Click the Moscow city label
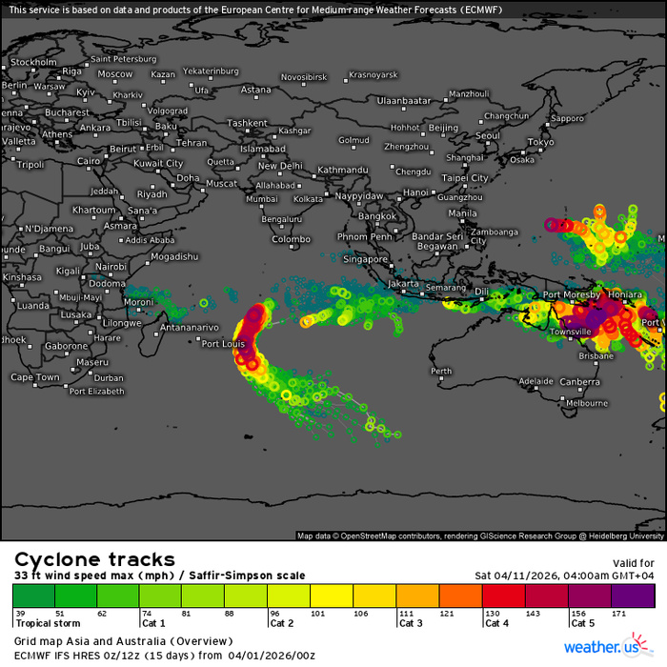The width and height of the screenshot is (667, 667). click(115, 74)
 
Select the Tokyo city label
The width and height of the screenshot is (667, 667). click(540, 143)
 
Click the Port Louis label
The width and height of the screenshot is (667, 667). click(224, 344)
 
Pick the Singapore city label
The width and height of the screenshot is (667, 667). click(366, 259)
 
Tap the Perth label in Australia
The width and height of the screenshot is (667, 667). click(441, 372)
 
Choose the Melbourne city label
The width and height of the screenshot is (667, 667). click(587, 403)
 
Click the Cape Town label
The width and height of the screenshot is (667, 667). click(35, 377)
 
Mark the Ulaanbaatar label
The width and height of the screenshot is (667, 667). click(406, 100)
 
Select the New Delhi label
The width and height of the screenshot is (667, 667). click(281, 166)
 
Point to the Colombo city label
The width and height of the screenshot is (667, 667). click(291, 239)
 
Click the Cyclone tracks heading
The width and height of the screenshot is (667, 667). click(93, 559)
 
